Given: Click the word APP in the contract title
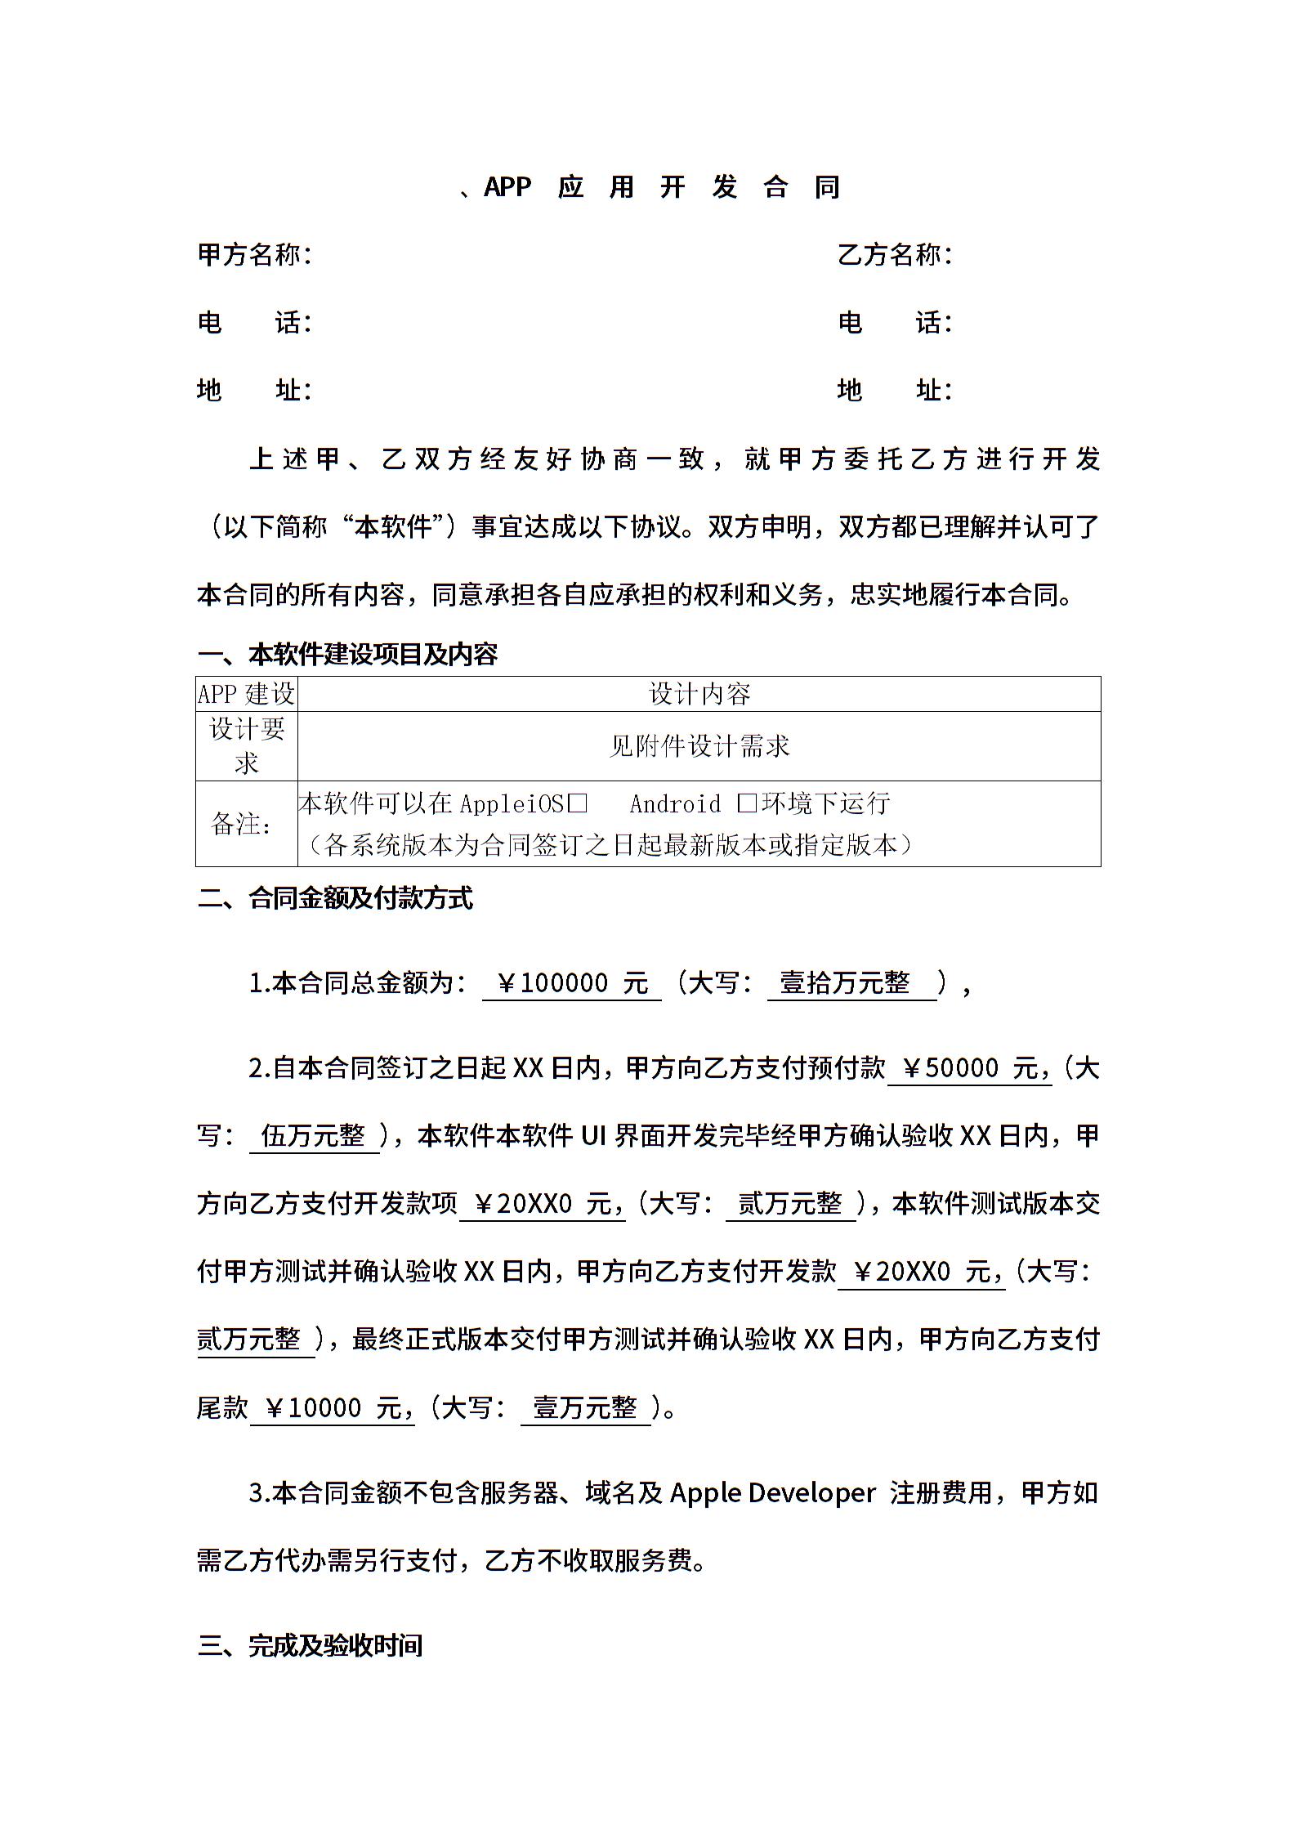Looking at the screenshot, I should point(507,187).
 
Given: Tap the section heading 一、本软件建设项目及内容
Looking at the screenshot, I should point(347,654).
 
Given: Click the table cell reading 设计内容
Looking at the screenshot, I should point(699,694).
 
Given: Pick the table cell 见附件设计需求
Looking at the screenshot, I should point(699,745).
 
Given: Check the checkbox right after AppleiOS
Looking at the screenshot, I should point(578,804).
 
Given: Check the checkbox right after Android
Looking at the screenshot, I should point(746,804).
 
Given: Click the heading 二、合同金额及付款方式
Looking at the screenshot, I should point(335,898).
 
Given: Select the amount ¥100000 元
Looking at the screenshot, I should point(571,982).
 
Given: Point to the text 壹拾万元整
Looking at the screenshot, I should point(845,982).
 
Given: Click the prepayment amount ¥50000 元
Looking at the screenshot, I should point(969,1067).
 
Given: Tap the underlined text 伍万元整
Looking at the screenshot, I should point(313,1135).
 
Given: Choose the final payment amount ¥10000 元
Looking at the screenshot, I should point(332,1407).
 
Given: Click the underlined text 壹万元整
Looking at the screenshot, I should point(585,1407).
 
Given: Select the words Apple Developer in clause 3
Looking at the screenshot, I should point(772,1493).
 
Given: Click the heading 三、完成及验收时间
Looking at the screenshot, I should point(310,1645).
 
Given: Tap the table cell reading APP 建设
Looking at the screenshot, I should point(246,694).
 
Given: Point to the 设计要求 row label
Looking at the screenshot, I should point(246,745).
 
